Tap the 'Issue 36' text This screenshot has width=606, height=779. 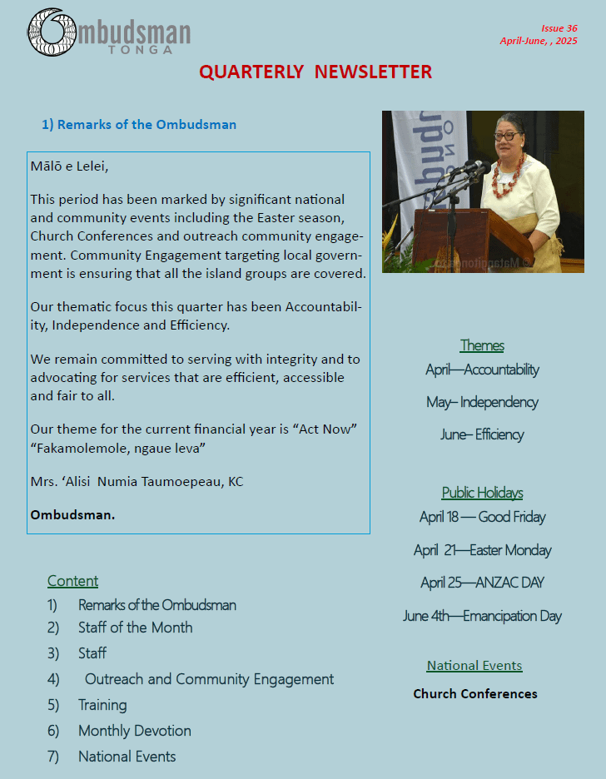pyautogui.click(x=559, y=28)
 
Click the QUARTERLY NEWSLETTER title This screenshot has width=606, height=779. pyautogui.click(x=315, y=72)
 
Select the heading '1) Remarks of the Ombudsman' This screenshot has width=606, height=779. pyautogui.click(x=139, y=125)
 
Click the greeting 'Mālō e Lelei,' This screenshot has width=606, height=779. pyautogui.click(x=69, y=166)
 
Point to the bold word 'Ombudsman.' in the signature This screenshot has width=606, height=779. pyautogui.click(x=72, y=514)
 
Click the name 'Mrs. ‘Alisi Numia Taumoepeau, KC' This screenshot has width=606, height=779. pyautogui.click(x=137, y=481)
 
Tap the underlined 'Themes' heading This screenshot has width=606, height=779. pyautogui.click(x=482, y=345)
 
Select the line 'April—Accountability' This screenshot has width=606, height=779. pyautogui.click(x=482, y=370)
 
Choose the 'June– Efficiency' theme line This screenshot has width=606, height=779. pyautogui.click(x=482, y=434)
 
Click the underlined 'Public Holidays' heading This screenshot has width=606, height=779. pyautogui.click(x=482, y=493)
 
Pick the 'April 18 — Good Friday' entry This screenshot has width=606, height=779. pyautogui.click(x=482, y=517)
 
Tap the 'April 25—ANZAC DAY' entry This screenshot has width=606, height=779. pyautogui.click(x=482, y=583)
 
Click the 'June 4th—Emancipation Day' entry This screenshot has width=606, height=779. pyautogui.click(x=482, y=616)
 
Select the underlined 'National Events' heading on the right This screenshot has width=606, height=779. pyautogui.click(x=474, y=666)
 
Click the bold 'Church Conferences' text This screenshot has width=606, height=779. pyautogui.click(x=475, y=693)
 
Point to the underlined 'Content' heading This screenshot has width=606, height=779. pyautogui.click(x=72, y=581)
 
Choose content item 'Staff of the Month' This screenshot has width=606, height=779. pyautogui.click(x=135, y=628)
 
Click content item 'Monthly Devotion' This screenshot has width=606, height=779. pyautogui.click(x=134, y=731)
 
